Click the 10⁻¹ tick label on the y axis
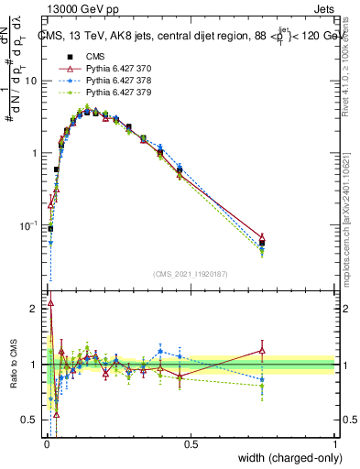30,224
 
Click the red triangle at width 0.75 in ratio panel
263,350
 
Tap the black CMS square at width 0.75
263,243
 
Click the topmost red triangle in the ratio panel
50,302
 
